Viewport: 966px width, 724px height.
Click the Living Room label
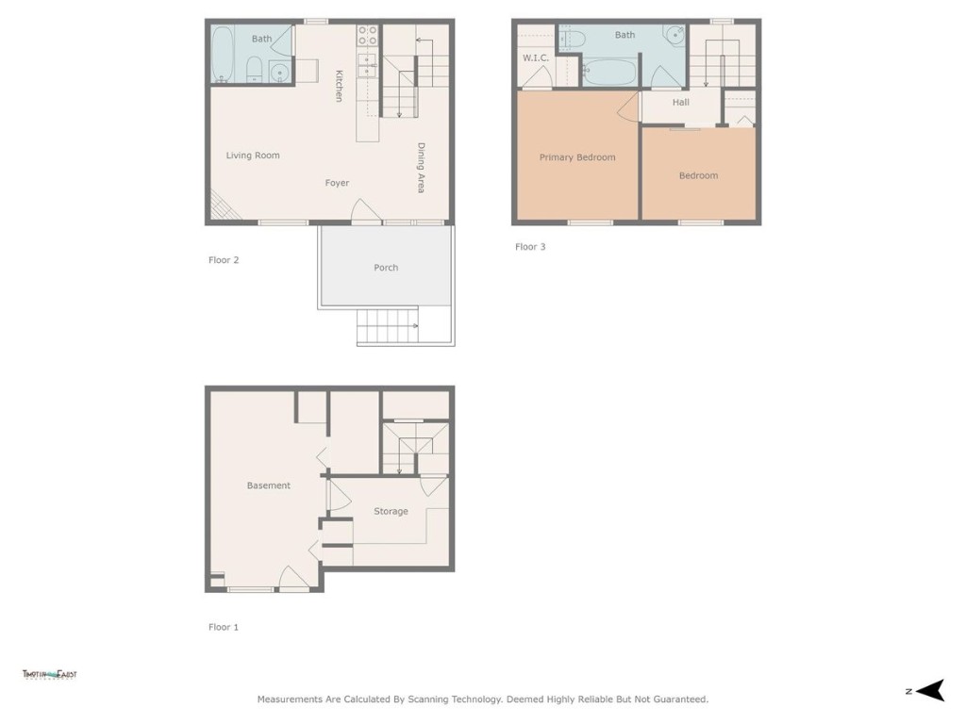coord(253,156)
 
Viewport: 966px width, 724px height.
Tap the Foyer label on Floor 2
coord(337,183)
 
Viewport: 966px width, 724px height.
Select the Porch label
coord(386,268)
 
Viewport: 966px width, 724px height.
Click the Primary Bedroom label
coord(577,157)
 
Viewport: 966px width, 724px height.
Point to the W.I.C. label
coord(536,58)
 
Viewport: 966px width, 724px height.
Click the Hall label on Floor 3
coord(681,102)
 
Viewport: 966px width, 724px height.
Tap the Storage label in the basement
coord(391,511)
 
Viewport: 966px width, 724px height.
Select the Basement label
coord(269,485)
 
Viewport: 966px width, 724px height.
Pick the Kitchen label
coord(339,85)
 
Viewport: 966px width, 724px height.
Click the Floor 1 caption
coord(224,627)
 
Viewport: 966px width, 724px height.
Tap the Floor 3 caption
coord(530,247)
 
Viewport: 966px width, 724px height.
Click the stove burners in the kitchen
coord(367,36)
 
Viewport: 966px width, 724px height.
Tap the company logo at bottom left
coord(49,675)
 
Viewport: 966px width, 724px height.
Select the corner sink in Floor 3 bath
coord(674,36)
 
